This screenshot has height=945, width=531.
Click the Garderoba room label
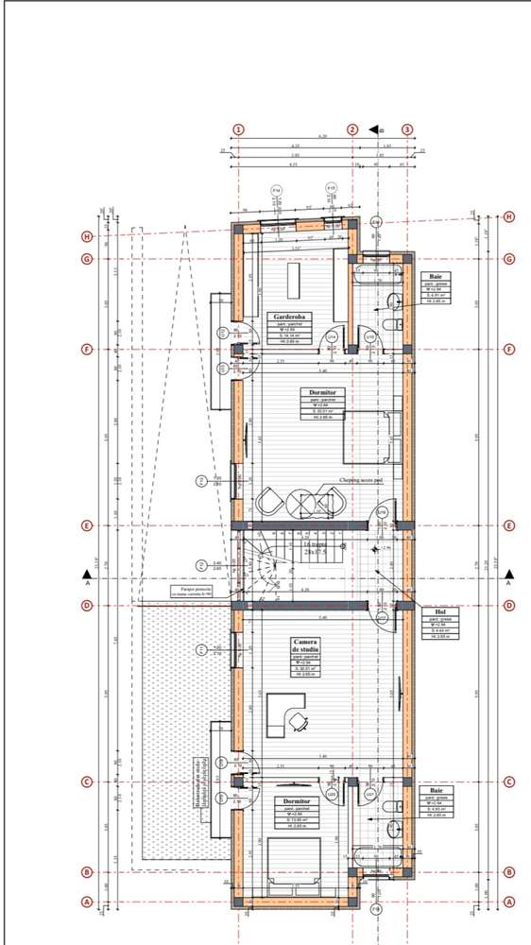pyautogui.click(x=287, y=317)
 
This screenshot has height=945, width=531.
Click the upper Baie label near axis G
pyautogui.click(x=437, y=276)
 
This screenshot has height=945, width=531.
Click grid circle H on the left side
pyautogui.click(x=87, y=236)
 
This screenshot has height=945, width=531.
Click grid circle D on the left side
pyautogui.click(x=87, y=606)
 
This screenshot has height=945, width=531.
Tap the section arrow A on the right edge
pyautogui.click(x=509, y=575)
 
